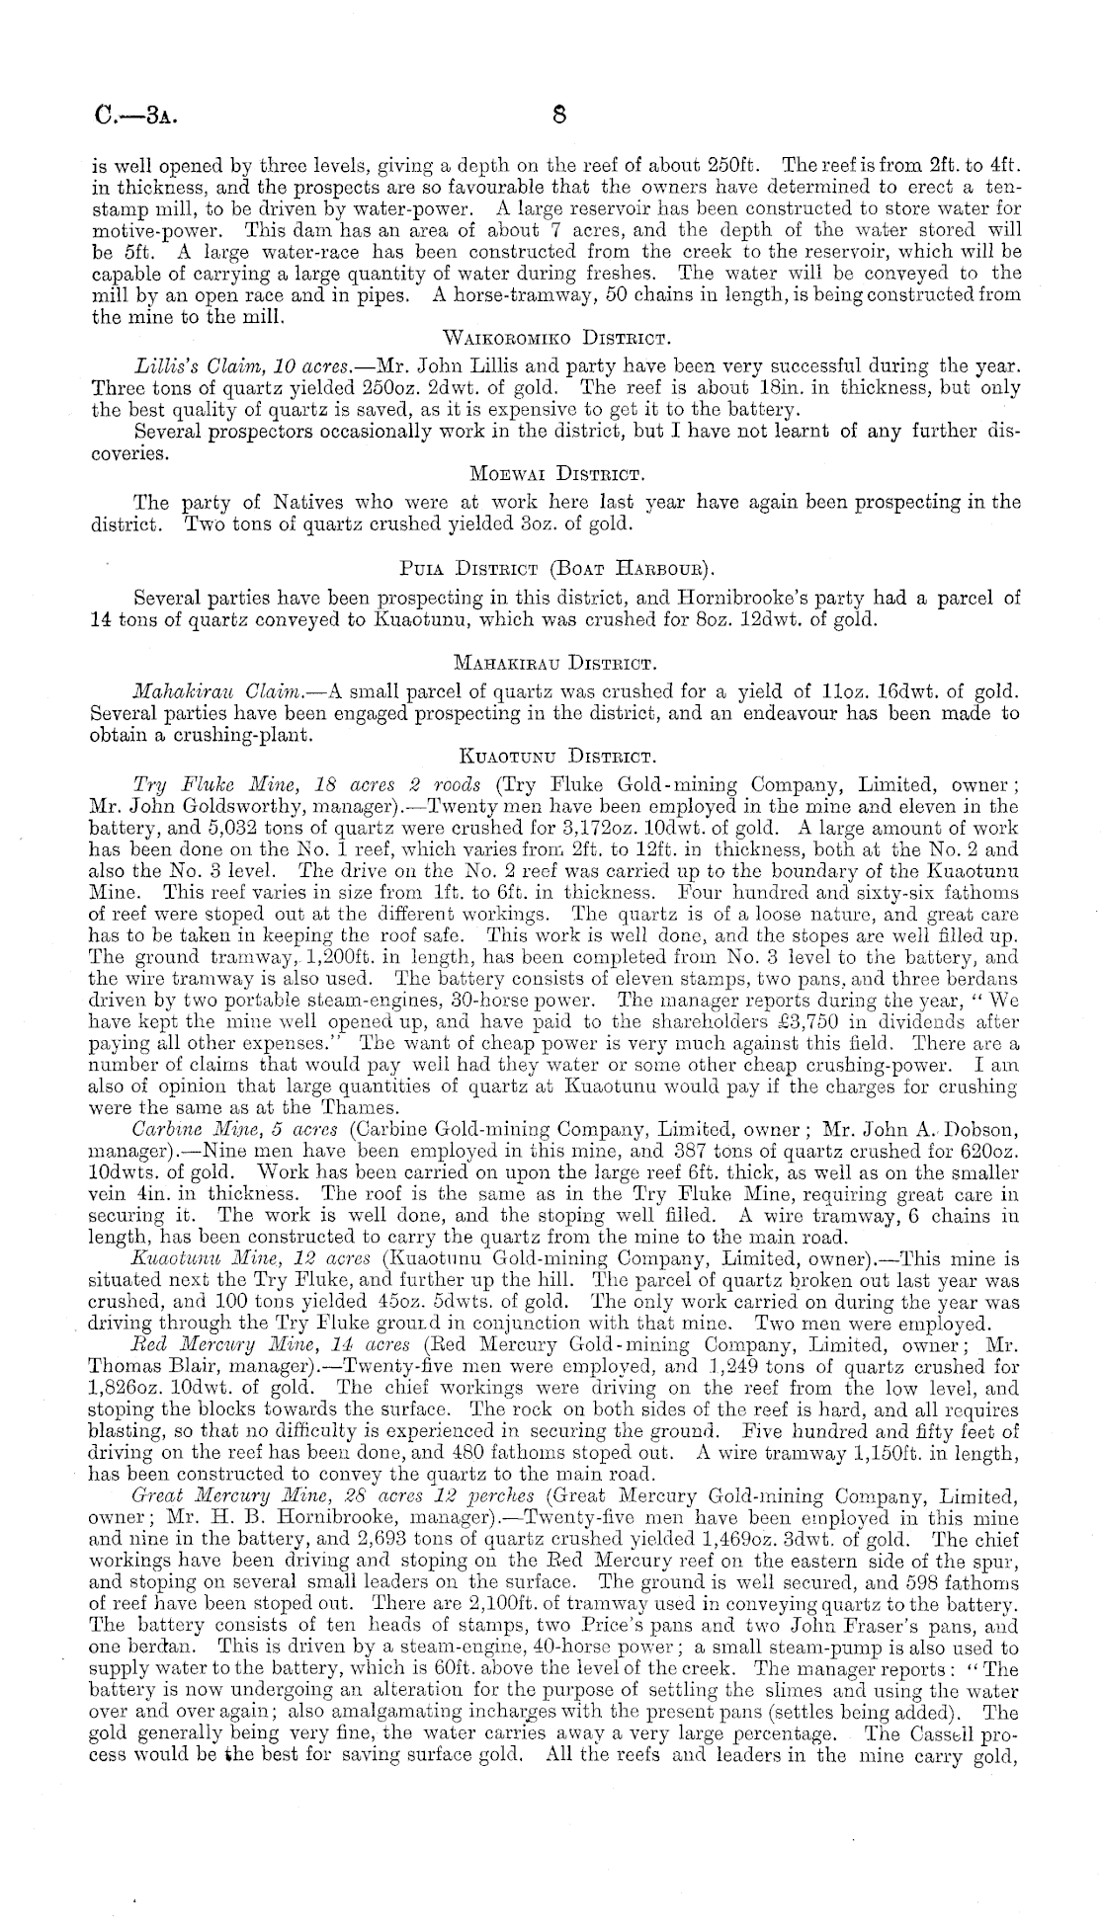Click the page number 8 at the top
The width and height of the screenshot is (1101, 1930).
(x=558, y=114)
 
